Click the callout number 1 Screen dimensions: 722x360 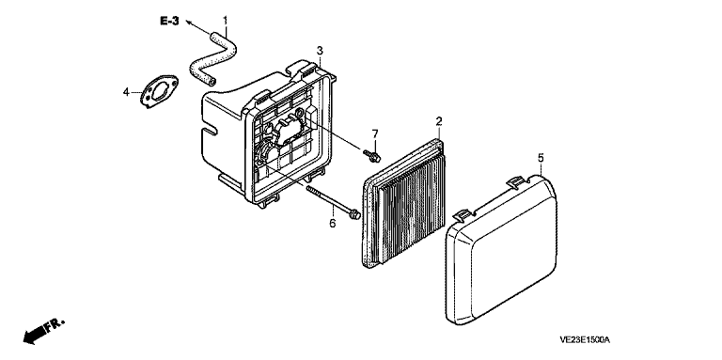tap(226, 21)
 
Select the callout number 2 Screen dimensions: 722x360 tap(439, 121)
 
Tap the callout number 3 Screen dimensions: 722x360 tap(320, 50)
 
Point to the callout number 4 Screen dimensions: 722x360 tap(126, 92)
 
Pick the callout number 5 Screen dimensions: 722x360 tap(541, 158)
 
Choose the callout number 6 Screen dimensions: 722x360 tap(333, 224)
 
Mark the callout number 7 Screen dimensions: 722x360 tap(375, 134)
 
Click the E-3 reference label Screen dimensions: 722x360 tap(169, 22)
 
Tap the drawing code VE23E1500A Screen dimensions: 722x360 tap(585, 340)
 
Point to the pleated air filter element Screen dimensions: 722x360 tap(404, 203)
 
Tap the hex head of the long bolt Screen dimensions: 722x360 tap(354, 214)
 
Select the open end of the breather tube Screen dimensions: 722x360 tap(212, 82)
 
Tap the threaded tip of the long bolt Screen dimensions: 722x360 tap(306, 187)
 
